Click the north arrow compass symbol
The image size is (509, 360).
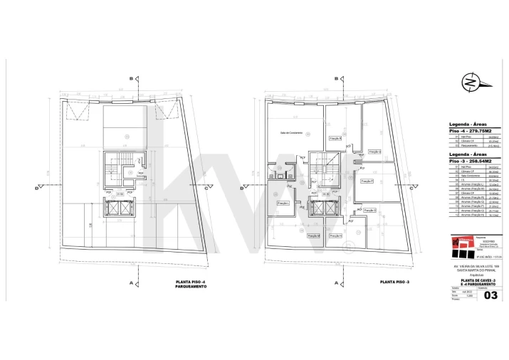469,81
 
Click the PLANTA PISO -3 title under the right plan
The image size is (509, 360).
393,283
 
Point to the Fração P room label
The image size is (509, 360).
367,181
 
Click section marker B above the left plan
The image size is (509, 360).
131,79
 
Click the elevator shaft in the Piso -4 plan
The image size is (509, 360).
119,208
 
